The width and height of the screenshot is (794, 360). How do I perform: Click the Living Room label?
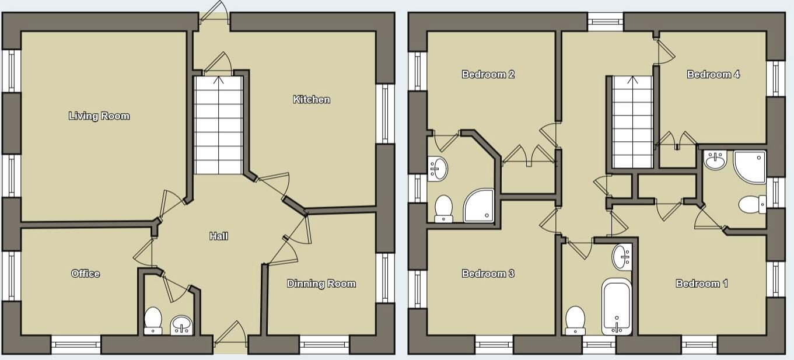pos(99,116)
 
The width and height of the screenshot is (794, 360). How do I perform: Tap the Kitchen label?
pos(312,99)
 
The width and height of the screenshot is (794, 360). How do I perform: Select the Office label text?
pos(85,273)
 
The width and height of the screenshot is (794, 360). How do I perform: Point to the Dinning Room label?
pos(321,284)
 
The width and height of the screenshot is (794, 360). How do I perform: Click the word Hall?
pos(219,236)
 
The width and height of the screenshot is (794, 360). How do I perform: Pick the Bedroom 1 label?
pos(702,284)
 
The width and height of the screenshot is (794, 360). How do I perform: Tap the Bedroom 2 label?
pos(488,74)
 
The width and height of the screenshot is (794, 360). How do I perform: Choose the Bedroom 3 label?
pos(488,273)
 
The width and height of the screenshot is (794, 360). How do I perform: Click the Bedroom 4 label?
pos(713,74)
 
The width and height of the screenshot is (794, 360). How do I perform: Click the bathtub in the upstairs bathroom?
pos(616,307)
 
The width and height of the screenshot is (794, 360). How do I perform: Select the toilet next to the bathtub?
pos(575,320)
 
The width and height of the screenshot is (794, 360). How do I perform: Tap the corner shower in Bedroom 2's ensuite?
pos(480,205)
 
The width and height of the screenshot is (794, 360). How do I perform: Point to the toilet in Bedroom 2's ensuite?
pos(444,208)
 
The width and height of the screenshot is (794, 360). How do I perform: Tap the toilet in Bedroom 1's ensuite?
pos(752,205)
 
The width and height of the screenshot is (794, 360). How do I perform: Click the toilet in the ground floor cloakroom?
pos(153,320)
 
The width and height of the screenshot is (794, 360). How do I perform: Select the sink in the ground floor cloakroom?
pos(181,325)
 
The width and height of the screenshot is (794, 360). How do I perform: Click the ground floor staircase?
pos(218,125)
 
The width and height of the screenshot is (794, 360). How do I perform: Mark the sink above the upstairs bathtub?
pos(622,257)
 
